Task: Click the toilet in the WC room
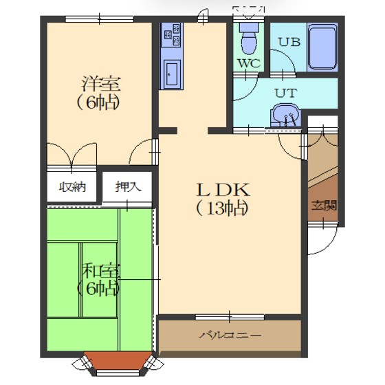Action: (x=249, y=38)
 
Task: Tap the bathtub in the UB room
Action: (x=322, y=47)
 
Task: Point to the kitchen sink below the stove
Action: (x=172, y=73)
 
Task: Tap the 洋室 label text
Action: (x=101, y=84)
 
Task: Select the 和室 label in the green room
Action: (x=101, y=271)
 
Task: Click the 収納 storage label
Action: (x=72, y=187)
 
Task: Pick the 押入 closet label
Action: (x=128, y=187)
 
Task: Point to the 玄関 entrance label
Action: (x=324, y=206)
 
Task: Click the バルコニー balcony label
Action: (x=230, y=335)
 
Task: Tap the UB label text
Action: (x=289, y=42)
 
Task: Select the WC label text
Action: (x=249, y=63)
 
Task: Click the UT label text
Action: (x=286, y=93)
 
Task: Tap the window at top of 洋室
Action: (x=100, y=19)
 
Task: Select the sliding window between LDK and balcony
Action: (x=230, y=317)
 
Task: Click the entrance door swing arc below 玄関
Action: (x=327, y=244)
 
